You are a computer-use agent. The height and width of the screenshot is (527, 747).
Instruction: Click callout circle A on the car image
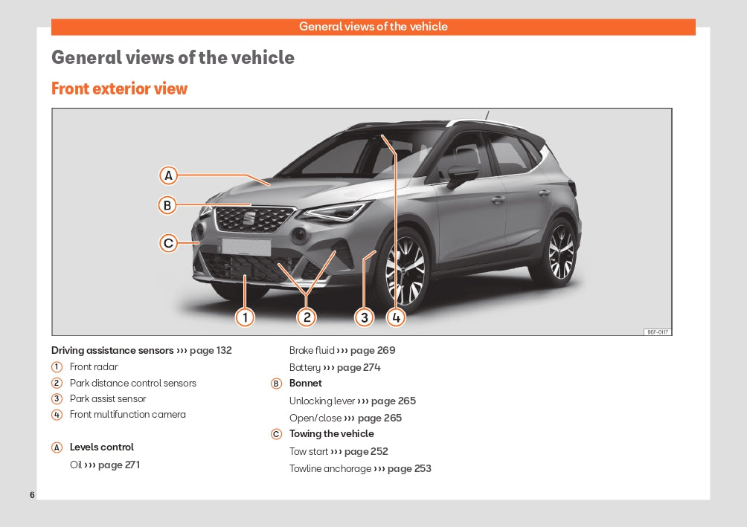pyautogui.click(x=168, y=175)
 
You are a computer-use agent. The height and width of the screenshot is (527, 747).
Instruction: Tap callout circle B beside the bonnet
pyautogui.click(x=167, y=205)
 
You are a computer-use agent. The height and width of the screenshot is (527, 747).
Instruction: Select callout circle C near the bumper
pyautogui.click(x=168, y=243)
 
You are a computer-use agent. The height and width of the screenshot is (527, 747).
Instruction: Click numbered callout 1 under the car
pyautogui.click(x=245, y=317)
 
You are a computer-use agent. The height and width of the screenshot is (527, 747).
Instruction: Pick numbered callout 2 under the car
pyautogui.click(x=307, y=317)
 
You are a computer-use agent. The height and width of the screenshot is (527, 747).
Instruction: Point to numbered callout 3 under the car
pyautogui.click(x=365, y=317)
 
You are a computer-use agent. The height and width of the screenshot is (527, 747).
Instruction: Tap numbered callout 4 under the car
pyautogui.click(x=396, y=317)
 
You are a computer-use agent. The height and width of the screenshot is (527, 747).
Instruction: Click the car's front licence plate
pyautogui.click(x=246, y=247)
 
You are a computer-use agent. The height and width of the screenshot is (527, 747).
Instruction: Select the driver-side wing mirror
pyautogui.click(x=461, y=175)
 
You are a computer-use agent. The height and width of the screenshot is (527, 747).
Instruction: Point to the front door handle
pyautogui.click(x=498, y=199)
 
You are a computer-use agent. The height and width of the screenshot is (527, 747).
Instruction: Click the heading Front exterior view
pyautogui.click(x=120, y=88)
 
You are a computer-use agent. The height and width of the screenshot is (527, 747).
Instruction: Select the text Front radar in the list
pyautogui.click(x=94, y=366)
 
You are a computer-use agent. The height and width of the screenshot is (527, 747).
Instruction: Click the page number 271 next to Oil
pyautogui.click(x=132, y=465)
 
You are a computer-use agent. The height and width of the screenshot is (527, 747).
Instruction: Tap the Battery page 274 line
pyautogui.click(x=335, y=367)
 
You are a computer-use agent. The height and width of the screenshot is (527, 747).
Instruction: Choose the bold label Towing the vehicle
pyautogui.click(x=332, y=433)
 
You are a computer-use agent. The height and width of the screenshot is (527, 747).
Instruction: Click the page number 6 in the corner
pyautogui.click(x=32, y=494)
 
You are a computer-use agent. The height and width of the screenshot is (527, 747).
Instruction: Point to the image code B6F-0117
pyautogui.click(x=658, y=332)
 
